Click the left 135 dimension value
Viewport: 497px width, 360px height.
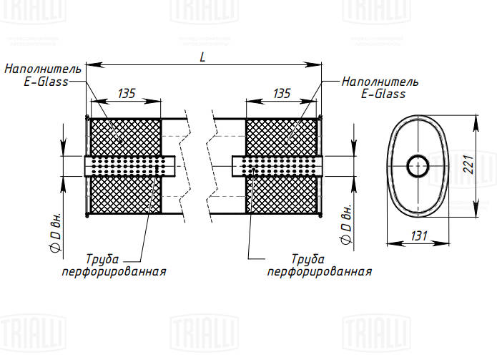(x=126, y=93)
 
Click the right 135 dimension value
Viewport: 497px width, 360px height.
(x=282, y=93)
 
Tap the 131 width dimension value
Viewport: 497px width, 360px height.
(x=420, y=235)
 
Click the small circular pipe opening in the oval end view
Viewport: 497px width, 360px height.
(x=418, y=167)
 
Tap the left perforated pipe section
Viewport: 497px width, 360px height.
(x=129, y=167)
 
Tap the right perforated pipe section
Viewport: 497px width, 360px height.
(x=279, y=167)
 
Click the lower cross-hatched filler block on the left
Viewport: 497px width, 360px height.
(x=125, y=195)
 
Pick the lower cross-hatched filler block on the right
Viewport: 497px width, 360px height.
(x=281, y=195)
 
